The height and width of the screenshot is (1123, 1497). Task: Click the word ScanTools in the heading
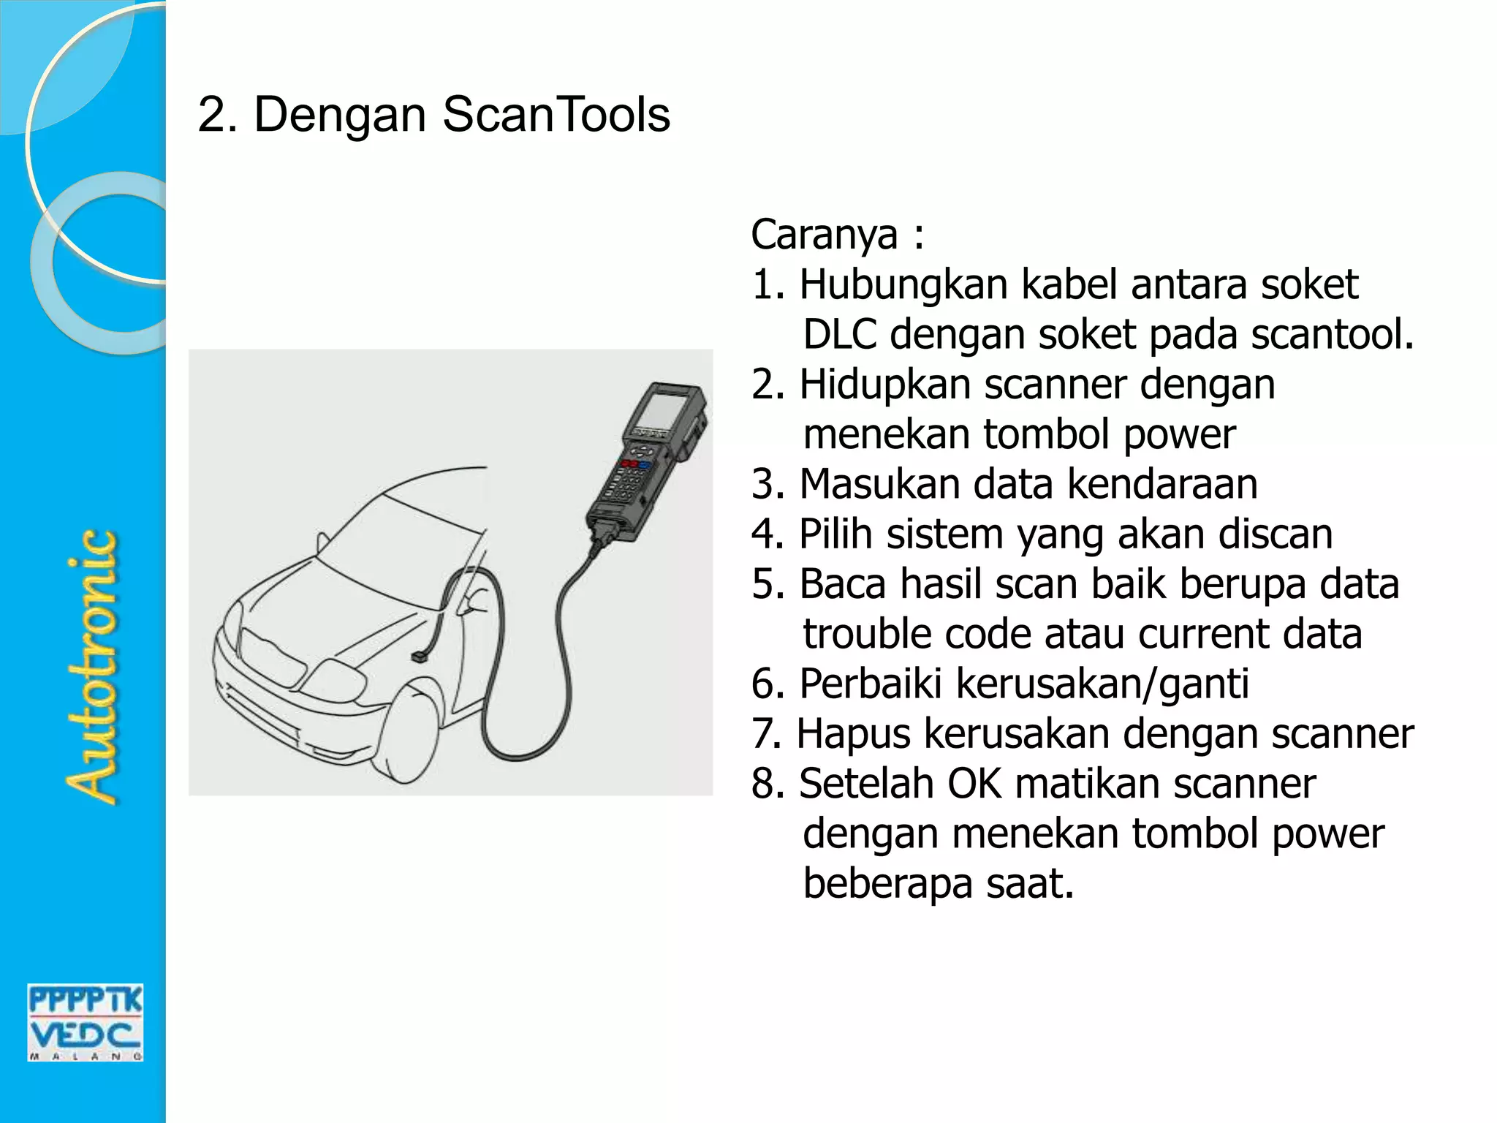pos(556,115)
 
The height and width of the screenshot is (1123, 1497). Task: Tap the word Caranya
pos(824,235)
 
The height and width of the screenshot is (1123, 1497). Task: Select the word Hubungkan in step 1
pos(903,285)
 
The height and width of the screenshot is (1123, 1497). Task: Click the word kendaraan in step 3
pos(1162,485)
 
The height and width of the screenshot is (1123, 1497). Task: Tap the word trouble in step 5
pos(867,634)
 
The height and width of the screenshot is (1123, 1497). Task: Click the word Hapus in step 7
pos(853,734)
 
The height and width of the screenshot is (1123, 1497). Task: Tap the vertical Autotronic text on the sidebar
pos(91,667)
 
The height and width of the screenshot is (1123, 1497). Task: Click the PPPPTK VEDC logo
pos(86,1022)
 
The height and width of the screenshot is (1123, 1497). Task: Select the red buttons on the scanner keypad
pos(628,464)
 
